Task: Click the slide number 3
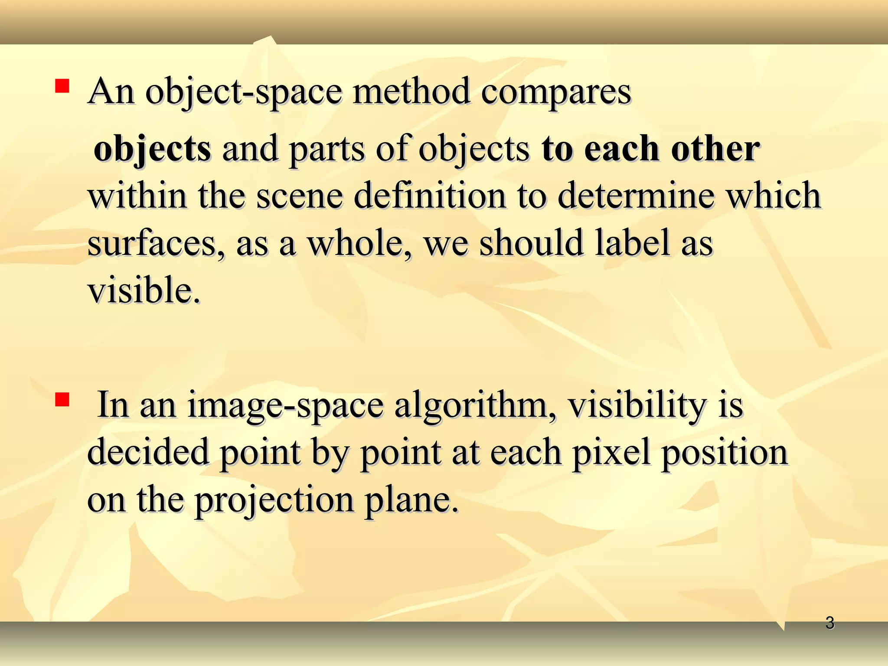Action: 829,623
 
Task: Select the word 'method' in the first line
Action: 411,92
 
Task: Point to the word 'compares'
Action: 556,93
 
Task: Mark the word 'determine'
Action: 636,196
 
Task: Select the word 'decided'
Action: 148,452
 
